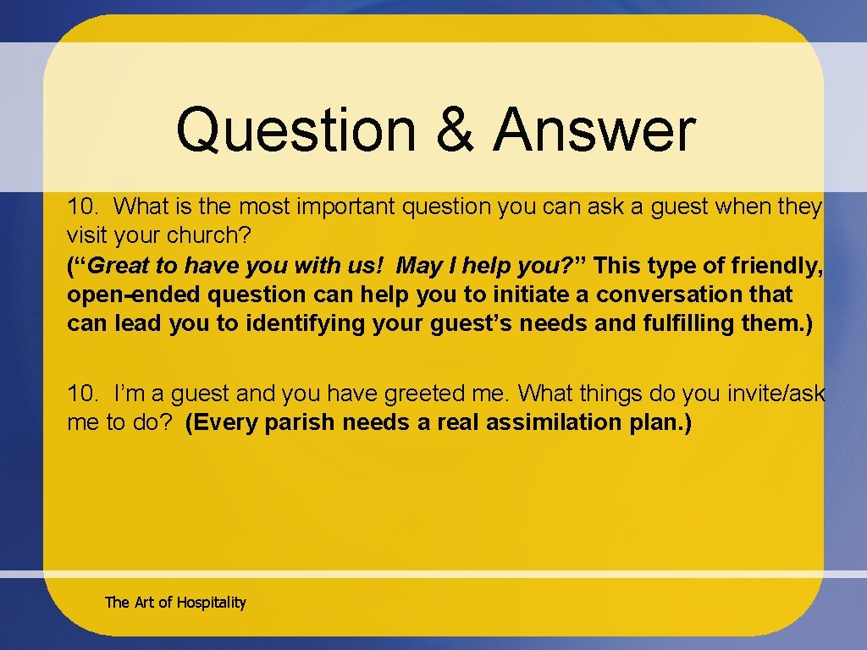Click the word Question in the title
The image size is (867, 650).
[295, 131]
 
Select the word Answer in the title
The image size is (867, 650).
[594, 131]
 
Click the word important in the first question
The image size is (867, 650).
[340, 207]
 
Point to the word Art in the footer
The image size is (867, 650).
[144, 603]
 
